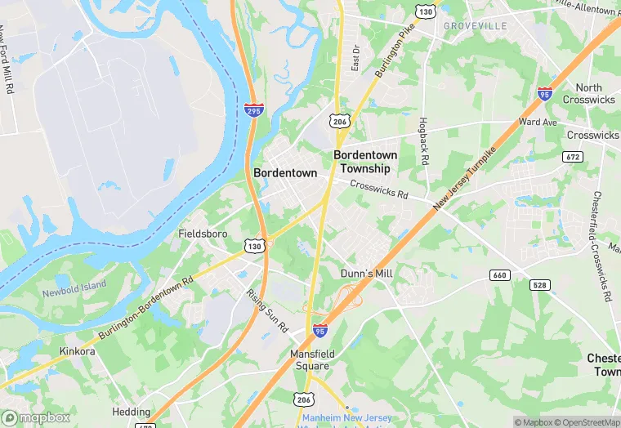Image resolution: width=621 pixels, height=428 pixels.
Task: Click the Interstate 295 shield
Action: click(x=253, y=109)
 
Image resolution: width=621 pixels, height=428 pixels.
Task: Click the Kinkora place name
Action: click(x=78, y=351)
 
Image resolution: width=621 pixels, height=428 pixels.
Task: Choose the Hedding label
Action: click(x=131, y=412)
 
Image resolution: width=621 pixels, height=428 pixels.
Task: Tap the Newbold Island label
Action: click(x=74, y=286)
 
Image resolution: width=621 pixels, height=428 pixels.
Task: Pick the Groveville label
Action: click(x=476, y=26)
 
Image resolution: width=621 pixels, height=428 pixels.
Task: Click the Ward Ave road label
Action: click(x=537, y=122)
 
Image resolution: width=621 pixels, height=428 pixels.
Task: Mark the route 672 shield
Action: click(x=572, y=155)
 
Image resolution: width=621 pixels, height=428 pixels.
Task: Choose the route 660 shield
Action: click(x=500, y=274)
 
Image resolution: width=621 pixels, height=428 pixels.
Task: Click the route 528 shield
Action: click(x=538, y=284)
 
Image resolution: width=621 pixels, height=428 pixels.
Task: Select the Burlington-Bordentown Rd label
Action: click(x=145, y=309)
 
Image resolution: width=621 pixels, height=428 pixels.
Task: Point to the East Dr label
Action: click(x=355, y=57)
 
